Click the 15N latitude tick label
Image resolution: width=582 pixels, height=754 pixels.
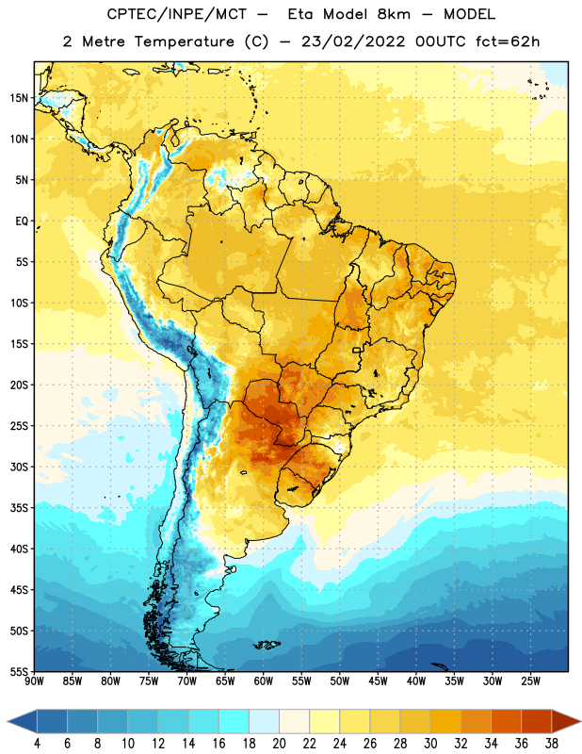tap(19, 98)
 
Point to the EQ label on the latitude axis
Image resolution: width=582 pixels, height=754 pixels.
tap(22, 221)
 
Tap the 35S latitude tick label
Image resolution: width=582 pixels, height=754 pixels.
tap(19, 508)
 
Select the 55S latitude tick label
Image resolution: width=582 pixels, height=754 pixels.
tap(19, 671)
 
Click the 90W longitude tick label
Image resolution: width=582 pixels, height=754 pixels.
tap(35, 681)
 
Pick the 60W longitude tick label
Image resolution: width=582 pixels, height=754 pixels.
tap(264, 681)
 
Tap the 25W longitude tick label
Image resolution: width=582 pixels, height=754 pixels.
tap(530, 681)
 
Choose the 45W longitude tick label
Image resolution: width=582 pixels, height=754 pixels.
tap(378, 681)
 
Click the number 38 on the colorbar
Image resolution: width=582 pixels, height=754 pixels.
tap(551, 744)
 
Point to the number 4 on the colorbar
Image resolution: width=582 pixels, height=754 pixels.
tap(37, 744)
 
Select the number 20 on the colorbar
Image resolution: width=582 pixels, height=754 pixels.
tap(279, 744)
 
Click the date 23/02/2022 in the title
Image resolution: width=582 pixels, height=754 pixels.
tap(353, 41)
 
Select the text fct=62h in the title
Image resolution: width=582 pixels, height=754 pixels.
tap(508, 41)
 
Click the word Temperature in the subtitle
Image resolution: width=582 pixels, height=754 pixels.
tap(184, 42)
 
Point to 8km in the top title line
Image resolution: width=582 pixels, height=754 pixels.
tap(394, 14)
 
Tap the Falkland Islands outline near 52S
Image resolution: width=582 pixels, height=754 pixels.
tap(267, 645)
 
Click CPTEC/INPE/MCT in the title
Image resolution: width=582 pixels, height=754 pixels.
tap(176, 15)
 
